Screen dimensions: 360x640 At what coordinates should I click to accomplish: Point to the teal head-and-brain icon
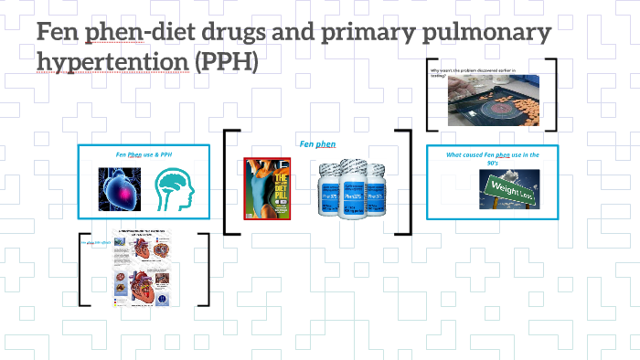point(176,189)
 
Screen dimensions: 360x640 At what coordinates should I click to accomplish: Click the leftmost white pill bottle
point(331,191)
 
